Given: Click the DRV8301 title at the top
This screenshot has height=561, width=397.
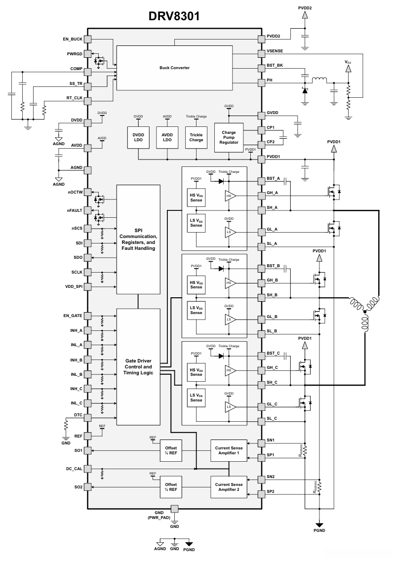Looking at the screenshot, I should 174,16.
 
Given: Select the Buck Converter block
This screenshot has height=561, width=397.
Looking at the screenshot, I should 174,68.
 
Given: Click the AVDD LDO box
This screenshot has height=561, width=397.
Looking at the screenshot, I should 167,137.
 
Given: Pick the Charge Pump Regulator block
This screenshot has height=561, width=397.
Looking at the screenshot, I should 229,137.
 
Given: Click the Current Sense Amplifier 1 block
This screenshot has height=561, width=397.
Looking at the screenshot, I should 229,450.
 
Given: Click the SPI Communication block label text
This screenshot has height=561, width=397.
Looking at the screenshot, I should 138,240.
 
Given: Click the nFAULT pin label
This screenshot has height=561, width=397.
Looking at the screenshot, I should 74,210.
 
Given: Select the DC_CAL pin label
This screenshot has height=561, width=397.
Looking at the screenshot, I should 74,468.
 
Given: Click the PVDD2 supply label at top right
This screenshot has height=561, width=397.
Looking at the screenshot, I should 306,8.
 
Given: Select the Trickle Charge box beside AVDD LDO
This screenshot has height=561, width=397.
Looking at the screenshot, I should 196,137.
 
